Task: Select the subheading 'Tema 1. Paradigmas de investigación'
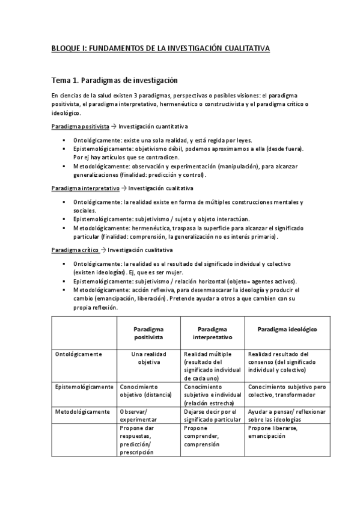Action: [114, 79]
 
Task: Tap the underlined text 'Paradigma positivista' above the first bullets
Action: [80, 127]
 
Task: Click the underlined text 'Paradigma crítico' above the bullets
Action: [75, 250]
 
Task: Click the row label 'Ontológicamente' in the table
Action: [78, 354]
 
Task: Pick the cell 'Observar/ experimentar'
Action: [139, 416]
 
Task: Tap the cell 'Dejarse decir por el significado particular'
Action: [210, 416]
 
